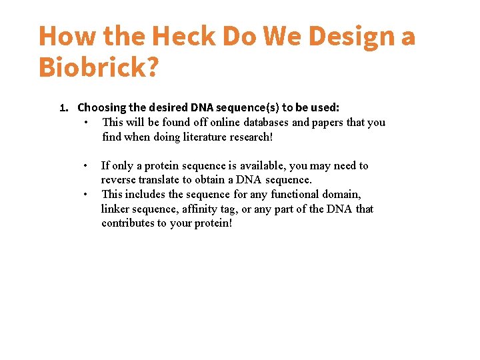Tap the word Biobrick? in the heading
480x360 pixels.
pyautogui.click(x=99, y=67)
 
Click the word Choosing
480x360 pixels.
pyautogui.click(x=102, y=107)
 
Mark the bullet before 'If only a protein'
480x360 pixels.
pyautogui.click(x=85, y=165)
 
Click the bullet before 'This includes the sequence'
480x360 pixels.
pyautogui.click(x=85, y=195)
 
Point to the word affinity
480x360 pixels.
pyautogui.click(x=207, y=209)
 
